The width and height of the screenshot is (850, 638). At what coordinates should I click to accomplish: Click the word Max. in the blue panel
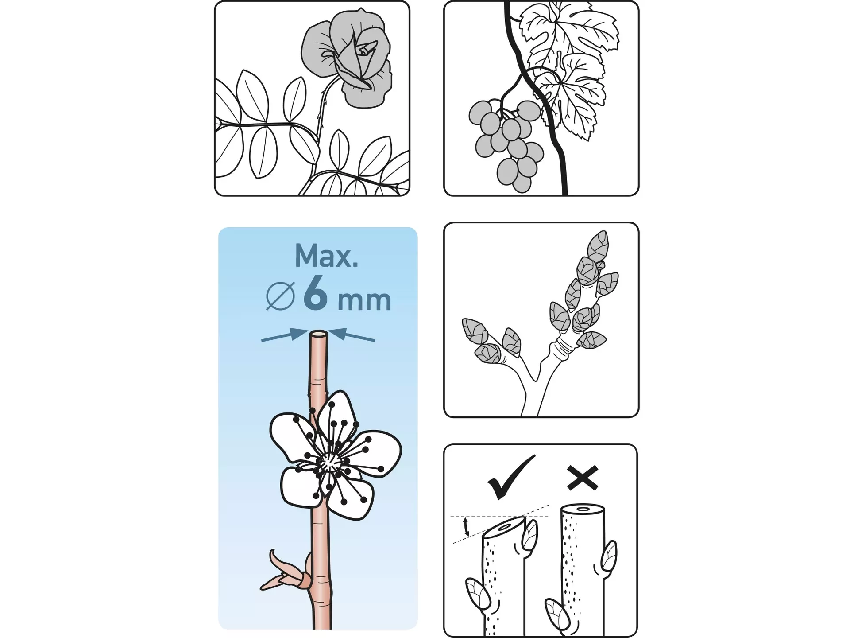(x=327, y=256)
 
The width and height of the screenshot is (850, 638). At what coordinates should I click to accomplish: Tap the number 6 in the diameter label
(x=316, y=293)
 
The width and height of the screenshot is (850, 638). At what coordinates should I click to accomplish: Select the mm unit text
(x=364, y=300)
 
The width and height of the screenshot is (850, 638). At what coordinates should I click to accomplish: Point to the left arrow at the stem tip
(x=285, y=335)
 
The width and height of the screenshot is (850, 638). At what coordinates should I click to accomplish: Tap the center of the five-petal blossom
(x=328, y=463)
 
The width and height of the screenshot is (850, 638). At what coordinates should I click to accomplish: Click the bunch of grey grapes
(x=506, y=144)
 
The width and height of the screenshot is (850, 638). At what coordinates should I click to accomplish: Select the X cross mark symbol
(x=583, y=478)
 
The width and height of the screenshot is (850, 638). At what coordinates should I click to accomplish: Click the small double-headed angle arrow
(x=466, y=526)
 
